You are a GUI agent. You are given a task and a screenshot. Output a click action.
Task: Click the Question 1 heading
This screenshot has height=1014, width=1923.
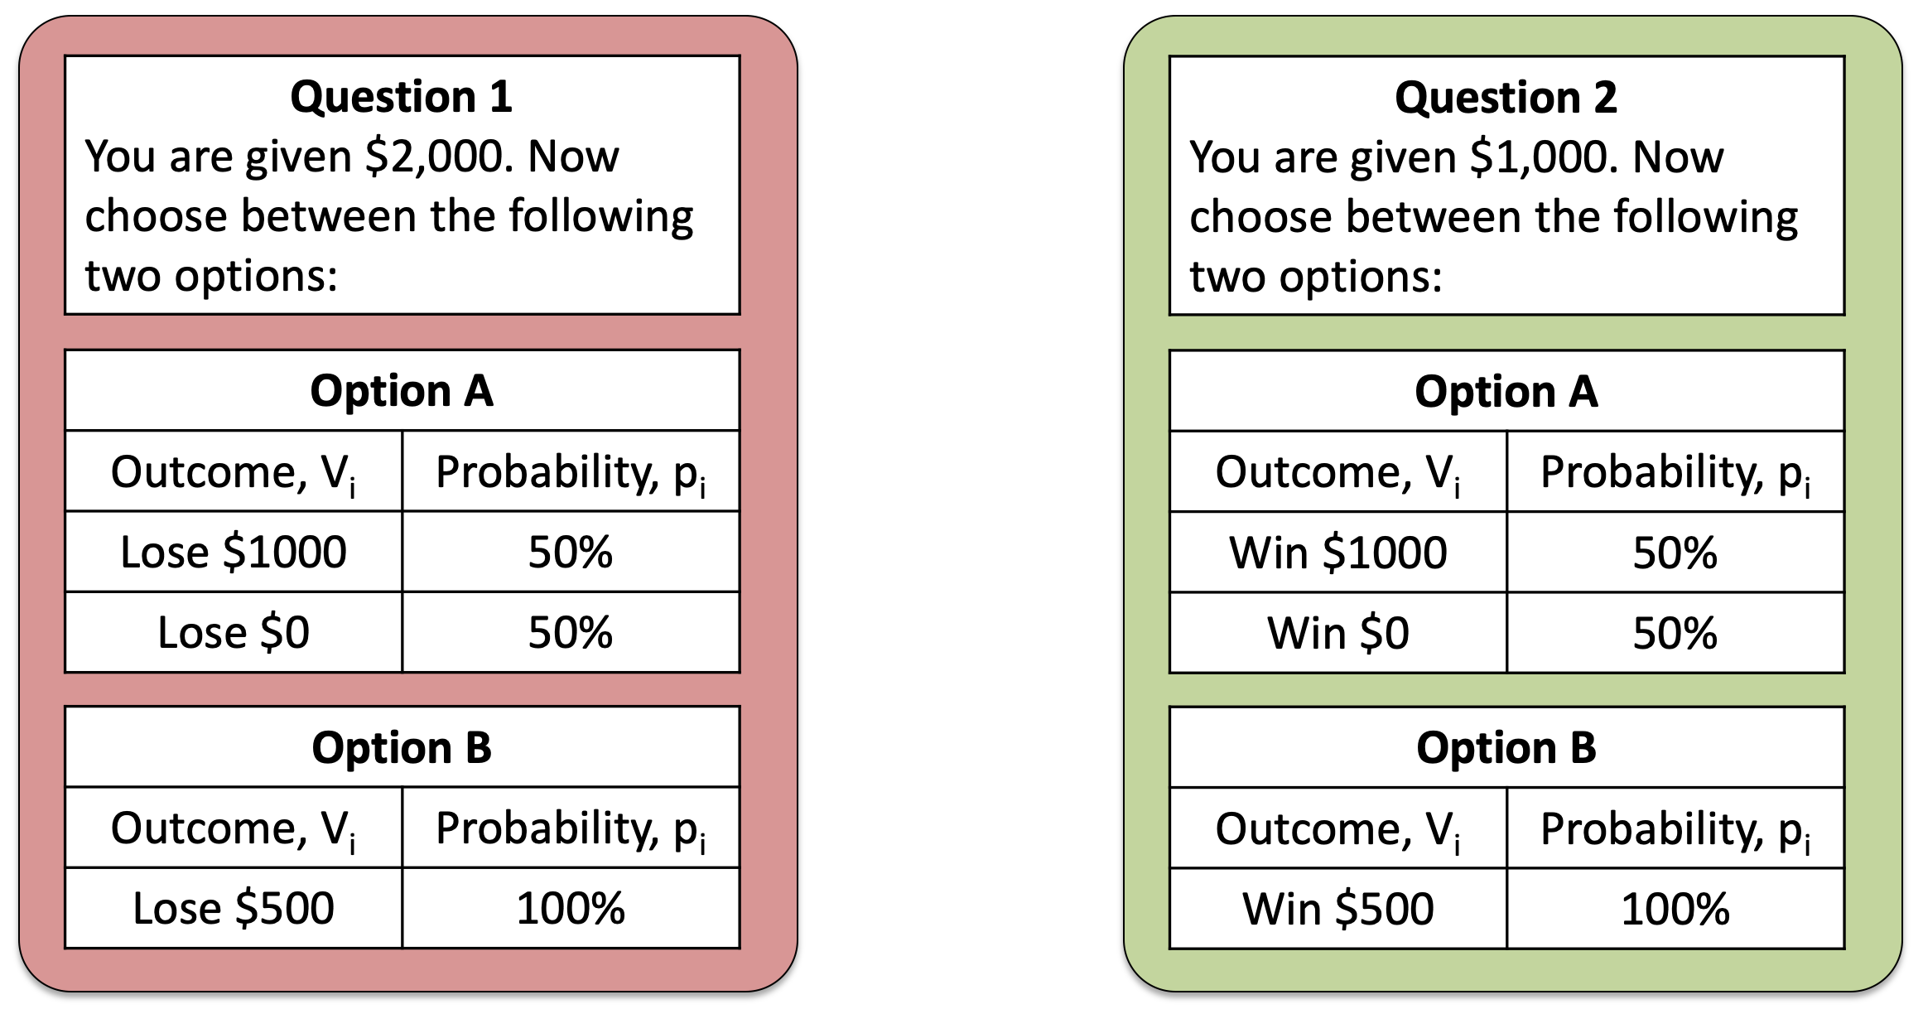pos(402,97)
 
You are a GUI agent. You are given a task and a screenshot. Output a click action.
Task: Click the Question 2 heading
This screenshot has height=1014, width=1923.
pos(1506,98)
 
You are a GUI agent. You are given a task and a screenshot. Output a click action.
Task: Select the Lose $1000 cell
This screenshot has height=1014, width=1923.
pos(234,552)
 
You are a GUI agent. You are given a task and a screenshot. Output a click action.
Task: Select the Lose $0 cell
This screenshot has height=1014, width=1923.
pos(234,632)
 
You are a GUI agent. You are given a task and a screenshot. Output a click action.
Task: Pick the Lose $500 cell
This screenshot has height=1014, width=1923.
pos(234,908)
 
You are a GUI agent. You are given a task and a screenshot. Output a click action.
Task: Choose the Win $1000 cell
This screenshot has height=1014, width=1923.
pos(1338,553)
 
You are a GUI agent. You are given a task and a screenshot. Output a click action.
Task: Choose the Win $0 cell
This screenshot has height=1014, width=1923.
pos(1338,633)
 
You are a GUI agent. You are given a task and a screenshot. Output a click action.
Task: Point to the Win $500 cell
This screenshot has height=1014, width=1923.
pos(1338,909)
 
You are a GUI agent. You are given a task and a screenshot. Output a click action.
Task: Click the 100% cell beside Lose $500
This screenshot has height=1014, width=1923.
pos(571,908)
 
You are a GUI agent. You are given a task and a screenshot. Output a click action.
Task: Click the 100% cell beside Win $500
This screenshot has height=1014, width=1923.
pos(1675,909)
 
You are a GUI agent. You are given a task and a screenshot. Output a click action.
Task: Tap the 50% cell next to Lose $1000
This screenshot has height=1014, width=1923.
pos(571,552)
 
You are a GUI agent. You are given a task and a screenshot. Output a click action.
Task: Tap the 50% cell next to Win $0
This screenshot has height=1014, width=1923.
pos(1675,633)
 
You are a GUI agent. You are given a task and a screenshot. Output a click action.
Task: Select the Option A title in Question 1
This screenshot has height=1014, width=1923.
pos(402,390)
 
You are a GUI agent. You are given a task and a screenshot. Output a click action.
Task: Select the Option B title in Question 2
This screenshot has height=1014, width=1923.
pos(1506,747)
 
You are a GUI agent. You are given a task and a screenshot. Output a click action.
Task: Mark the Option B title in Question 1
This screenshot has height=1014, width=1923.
pos(402,747)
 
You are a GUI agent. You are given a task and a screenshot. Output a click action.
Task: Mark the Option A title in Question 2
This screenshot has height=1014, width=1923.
pos(1506,391)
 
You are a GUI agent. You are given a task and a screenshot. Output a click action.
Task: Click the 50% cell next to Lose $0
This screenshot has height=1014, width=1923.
pos(571,632)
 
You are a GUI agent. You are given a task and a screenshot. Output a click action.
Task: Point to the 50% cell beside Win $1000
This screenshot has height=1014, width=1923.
pos(1675,553)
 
